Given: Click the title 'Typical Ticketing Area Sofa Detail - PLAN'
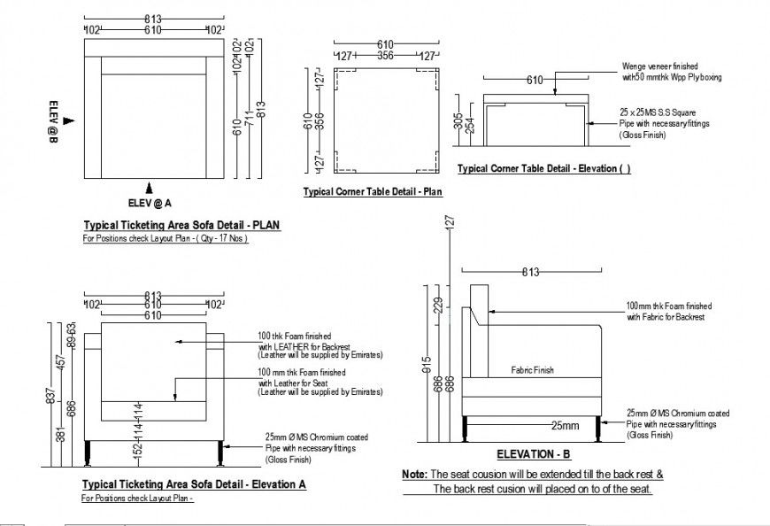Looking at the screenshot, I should (x=181, y=225).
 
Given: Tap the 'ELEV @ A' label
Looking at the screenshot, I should (x=150, y=202).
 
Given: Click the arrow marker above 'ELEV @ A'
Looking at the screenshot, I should (x=150, y=187).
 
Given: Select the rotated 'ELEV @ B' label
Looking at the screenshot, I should (x=53, y=120).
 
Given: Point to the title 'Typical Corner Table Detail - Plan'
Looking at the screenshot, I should (x=372, y=191).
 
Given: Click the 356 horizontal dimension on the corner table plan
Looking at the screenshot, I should (x=387, y=56).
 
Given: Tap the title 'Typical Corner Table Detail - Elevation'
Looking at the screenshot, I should (x=543, y=168).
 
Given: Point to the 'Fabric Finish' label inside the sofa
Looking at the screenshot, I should (x=532, y=371).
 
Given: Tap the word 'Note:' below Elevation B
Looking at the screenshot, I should (x=414, y=475).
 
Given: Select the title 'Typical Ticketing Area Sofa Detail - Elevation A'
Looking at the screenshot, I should (x=194, y=485).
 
